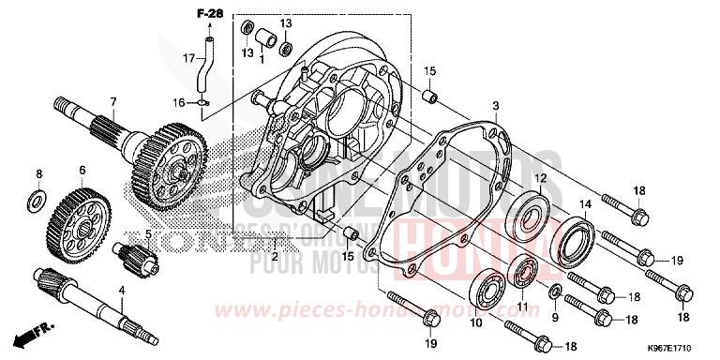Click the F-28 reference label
205,13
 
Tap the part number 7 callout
112,101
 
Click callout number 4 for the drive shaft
121,291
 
